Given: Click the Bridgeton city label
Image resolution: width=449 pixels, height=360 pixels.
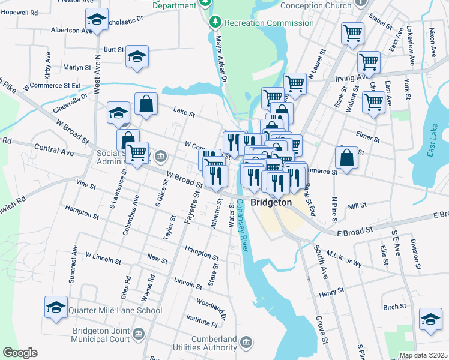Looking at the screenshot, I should click(271, 203).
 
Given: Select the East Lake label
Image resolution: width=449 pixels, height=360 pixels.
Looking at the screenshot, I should click(434, 145).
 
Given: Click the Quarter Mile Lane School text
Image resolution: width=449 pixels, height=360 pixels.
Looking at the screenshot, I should click(115, 310).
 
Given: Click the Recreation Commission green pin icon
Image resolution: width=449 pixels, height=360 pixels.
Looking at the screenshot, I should click(215, 23).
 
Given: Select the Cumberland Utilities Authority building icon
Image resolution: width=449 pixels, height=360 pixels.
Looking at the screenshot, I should click(246, 342).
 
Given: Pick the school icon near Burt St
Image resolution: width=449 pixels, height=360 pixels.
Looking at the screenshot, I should click(137, 57).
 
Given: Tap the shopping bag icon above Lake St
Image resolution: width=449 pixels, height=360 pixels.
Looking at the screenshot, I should click(146, 104).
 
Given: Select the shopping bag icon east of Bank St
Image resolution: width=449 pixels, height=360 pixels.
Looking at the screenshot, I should click(346, 158).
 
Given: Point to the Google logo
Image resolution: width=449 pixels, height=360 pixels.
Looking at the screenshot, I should click(20, 353).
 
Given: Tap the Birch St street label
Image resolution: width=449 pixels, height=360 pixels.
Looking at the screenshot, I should click(394, 307).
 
